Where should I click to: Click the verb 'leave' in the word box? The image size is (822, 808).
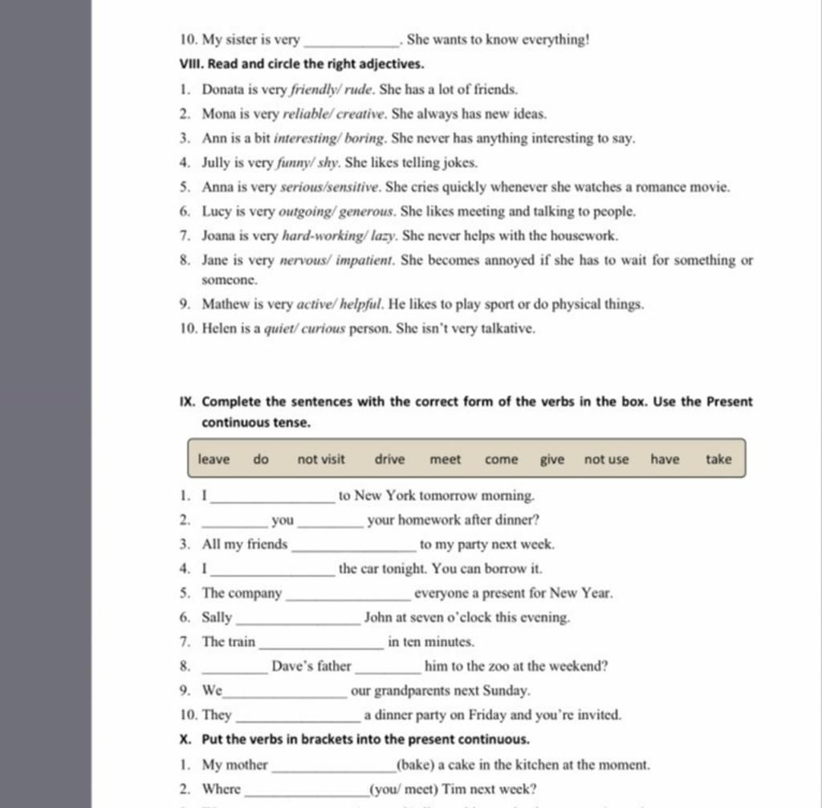pyautogui.click(x=214, y=459)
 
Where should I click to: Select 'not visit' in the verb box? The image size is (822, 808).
pyautogui.click(x=321, y=459)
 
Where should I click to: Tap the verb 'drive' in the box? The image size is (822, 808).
pyautogui.click(x=389, y=459)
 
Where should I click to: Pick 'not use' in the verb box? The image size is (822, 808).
pyautogui.click(x=606, y=459)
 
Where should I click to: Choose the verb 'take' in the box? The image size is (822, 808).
pyautogui.click(x=718, y=459)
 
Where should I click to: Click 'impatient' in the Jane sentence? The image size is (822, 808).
pyautogui.click(x=368, y=260)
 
